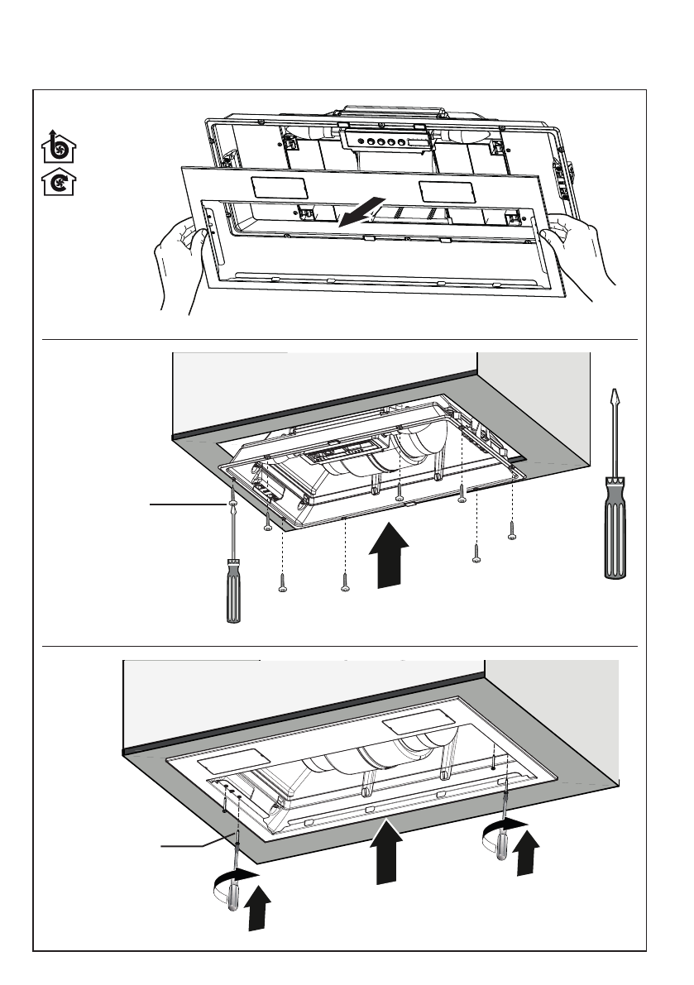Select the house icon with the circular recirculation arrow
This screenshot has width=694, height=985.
coord(55,183)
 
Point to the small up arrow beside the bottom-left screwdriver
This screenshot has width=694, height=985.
coord(259,907)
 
